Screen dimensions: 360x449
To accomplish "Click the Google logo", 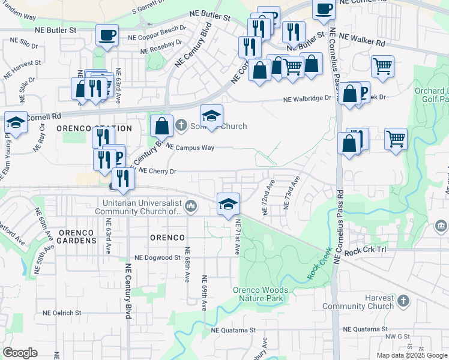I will [20, 353].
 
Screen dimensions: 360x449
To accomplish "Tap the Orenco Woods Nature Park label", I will [261, 294].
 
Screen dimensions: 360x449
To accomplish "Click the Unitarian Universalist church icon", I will [191, 206].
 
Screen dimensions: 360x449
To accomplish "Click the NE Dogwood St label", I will [157, 257].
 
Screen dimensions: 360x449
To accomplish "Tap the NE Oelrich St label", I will [62, 313].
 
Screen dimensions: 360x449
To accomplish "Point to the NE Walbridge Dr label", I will [307, 98].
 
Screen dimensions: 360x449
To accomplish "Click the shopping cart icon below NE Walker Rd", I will [382, 66].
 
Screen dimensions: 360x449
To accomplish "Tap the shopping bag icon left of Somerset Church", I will [161, 126].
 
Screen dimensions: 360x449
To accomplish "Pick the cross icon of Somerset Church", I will [181, 126].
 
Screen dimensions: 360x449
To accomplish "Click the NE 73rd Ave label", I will [291, 192].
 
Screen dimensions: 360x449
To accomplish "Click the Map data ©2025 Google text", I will [411, 355].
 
